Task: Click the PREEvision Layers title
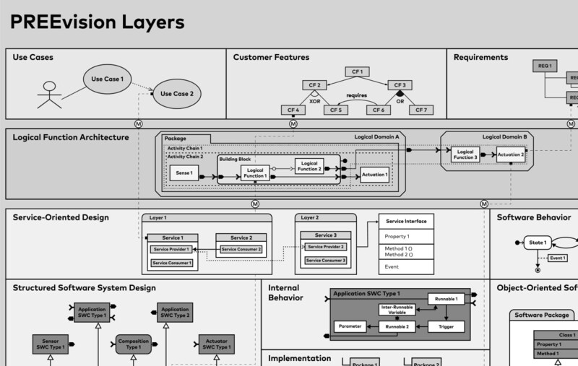97,22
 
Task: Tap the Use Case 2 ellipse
176,93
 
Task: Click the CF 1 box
357,71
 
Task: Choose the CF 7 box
420,110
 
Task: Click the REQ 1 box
545,66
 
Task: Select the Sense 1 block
184,174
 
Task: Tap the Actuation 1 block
374,174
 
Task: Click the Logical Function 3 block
465,154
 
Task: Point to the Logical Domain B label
504,136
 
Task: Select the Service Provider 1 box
171,249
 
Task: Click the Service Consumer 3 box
324,260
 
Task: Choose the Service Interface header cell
406,222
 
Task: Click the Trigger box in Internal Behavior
447,327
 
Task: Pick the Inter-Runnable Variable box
397,309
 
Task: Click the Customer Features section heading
271,57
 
